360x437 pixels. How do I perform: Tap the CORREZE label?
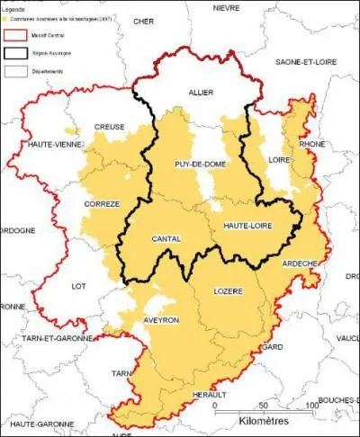coord(102,204)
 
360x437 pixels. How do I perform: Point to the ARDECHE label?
coord(301,263)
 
